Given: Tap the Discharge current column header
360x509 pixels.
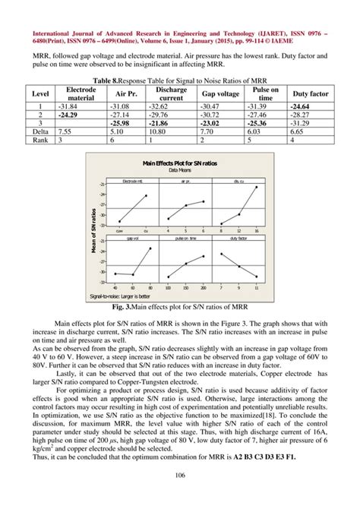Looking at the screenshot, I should [x=172, y=93].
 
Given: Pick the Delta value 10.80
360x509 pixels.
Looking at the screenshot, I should [x=172, y=131].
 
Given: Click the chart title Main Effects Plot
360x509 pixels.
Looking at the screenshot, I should [x=179, y=163].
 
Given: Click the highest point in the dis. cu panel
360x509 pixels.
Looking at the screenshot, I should [x=256, y=187].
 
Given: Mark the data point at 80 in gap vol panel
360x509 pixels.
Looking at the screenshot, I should [x=150, y=248].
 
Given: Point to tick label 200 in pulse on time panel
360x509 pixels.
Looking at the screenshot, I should [x=203, y=288].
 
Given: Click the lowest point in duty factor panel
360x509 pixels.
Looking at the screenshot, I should [x=256, y=277].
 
